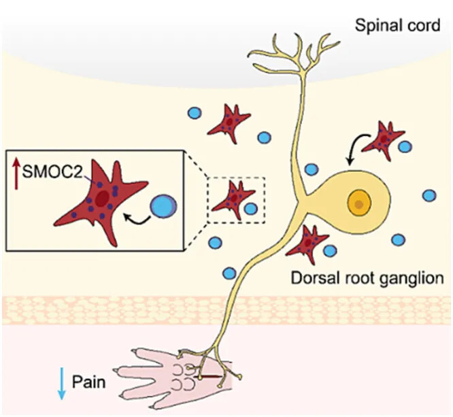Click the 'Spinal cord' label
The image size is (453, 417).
(398, 27)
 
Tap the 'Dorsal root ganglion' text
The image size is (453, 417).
(367, 278)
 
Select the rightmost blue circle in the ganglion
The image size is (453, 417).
(429, 195)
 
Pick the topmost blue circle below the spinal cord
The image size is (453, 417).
(195, 112)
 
